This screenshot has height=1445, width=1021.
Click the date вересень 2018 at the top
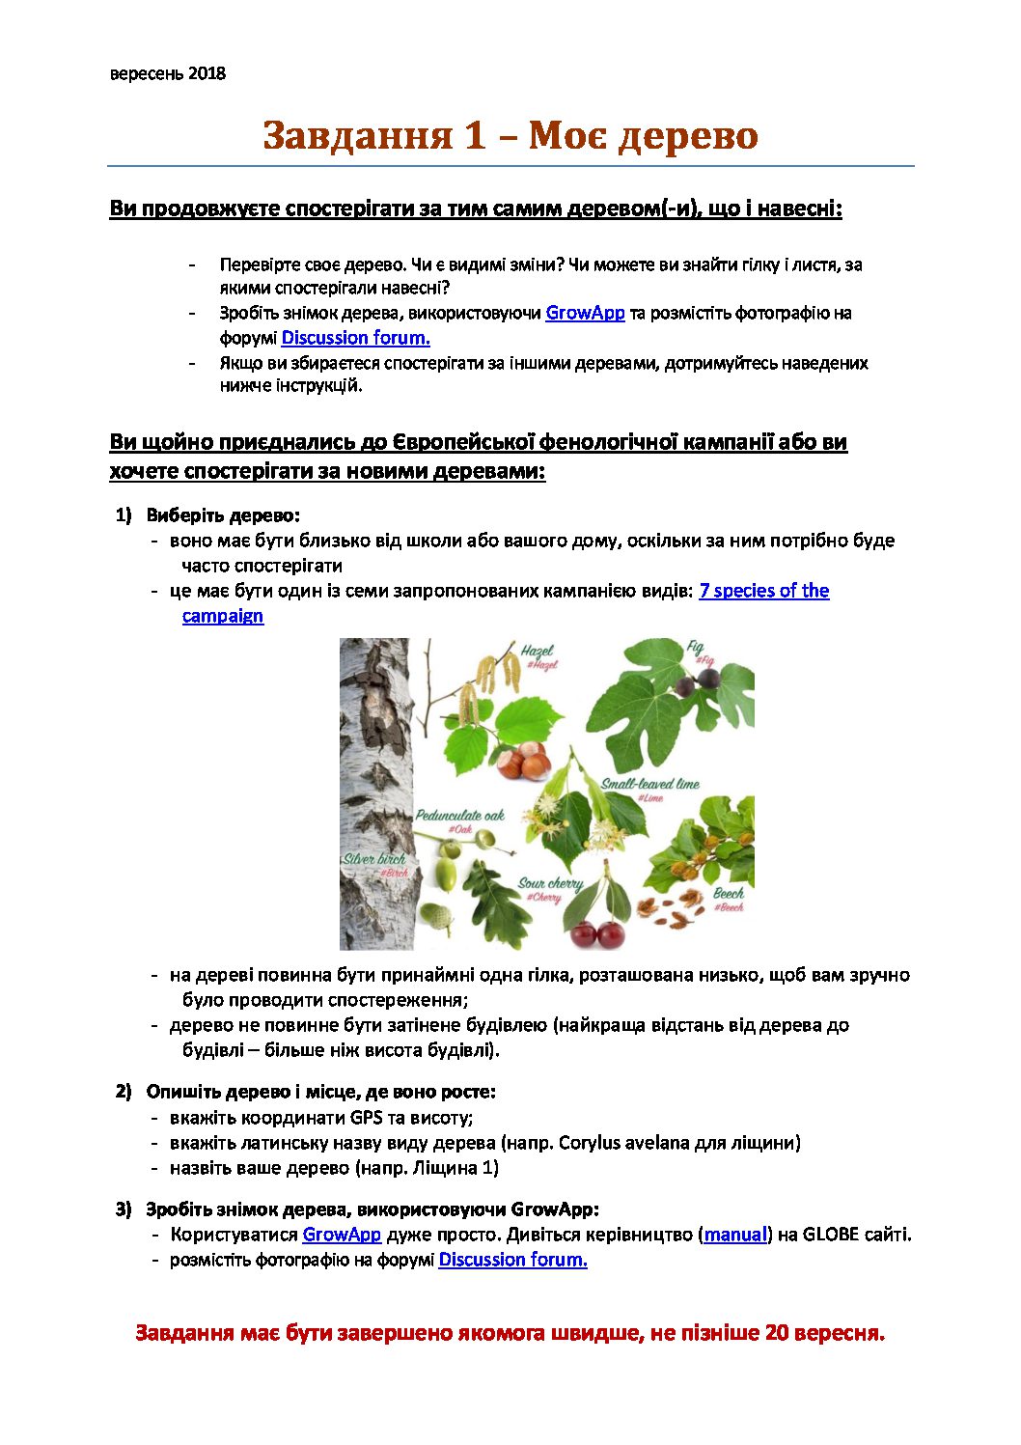[167, 73]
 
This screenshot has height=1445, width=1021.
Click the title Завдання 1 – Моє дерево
[510, 135]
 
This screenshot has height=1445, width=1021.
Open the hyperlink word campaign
[222, 616]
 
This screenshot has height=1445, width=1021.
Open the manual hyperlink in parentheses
[734, 1234]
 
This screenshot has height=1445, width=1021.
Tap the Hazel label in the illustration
[537, 652]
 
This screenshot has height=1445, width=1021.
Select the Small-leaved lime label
[649, 784]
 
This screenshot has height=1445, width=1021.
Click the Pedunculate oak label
[459, 816]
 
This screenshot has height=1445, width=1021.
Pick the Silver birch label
[374, 858]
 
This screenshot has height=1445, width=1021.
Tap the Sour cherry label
[550, 883]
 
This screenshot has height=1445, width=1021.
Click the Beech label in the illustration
[728, 894]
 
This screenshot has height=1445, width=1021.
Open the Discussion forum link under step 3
[512, 1259]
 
